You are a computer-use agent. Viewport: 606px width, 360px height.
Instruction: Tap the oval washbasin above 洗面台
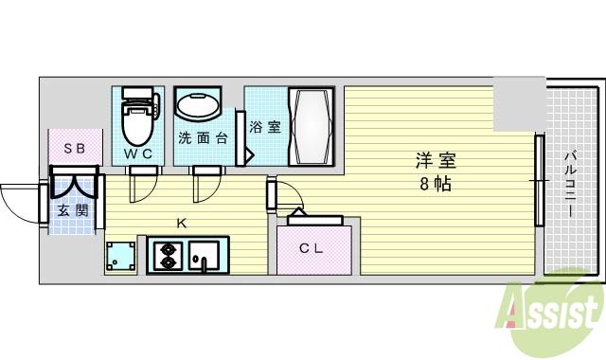point(199,107)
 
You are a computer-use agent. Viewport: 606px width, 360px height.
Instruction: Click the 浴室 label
point(265,126)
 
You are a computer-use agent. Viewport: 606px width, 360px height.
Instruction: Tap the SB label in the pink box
point(74,149)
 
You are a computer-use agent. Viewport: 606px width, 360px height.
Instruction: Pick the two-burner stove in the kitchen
point(167,256)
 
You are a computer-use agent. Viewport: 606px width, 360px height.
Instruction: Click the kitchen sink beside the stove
point(205,256)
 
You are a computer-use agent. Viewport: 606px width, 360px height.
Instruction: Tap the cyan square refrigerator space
point(120,257)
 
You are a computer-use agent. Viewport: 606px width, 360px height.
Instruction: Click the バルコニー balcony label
point(571,185)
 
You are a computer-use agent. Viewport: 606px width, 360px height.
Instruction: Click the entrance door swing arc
point(21,201)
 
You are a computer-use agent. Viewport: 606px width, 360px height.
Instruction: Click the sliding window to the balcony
point(539,181)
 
